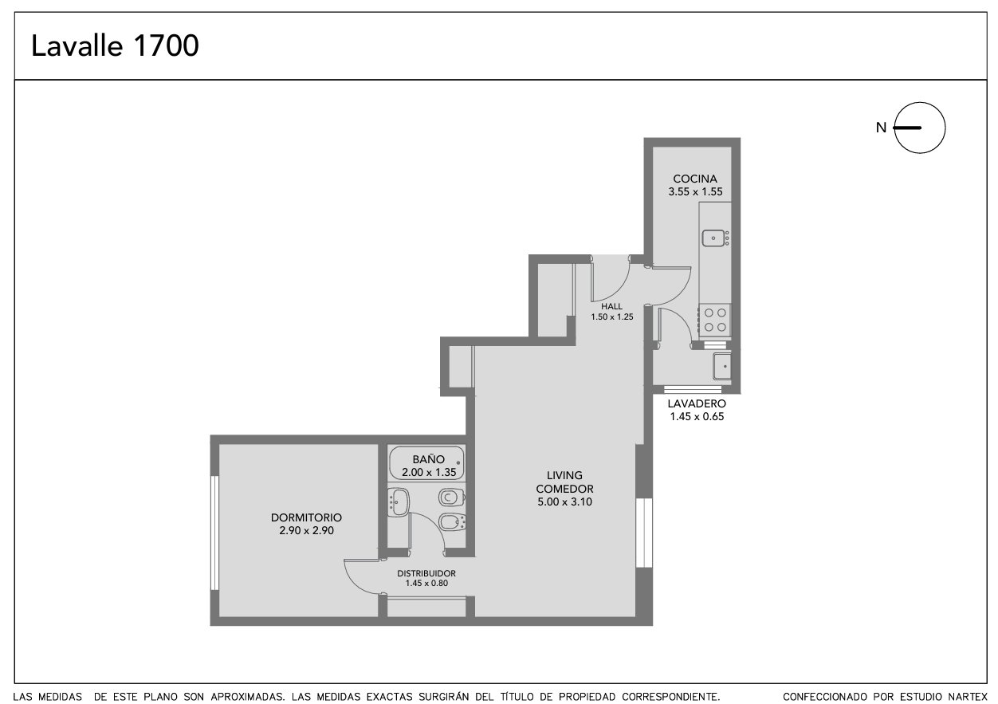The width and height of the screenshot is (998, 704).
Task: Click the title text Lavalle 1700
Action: tap(115, 45)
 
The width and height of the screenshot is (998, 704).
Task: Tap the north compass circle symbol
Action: tap(920, 103)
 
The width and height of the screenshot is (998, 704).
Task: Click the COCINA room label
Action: tap(695, 179)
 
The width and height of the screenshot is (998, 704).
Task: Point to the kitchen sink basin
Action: tap(713, 238)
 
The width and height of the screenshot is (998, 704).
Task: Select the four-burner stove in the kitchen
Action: tap(715, 320)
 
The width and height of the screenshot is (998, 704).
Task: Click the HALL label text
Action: tap(611, 306)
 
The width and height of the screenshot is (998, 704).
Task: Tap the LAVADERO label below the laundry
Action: tap(697, 403)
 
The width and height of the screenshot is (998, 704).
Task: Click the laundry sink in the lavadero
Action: tap(721, 366)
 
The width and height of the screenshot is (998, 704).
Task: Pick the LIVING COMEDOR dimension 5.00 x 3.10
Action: tap(564, 501)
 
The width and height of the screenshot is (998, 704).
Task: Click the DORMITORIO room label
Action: tap(307, 517)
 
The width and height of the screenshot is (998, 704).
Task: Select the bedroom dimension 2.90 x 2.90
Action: tap(307, 530)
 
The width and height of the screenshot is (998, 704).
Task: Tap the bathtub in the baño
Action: tap(426, 463)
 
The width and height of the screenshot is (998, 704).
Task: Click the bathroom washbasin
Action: tap(399, 502)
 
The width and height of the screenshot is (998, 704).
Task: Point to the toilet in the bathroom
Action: tap(452, 497)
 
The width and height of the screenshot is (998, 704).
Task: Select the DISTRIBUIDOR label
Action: tap(426, 573)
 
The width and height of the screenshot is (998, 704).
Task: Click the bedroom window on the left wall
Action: tap(214, 533)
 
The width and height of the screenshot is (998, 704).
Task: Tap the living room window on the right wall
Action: tap(644, 533)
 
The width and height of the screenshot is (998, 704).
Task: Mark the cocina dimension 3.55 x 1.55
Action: tap(695, 191)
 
